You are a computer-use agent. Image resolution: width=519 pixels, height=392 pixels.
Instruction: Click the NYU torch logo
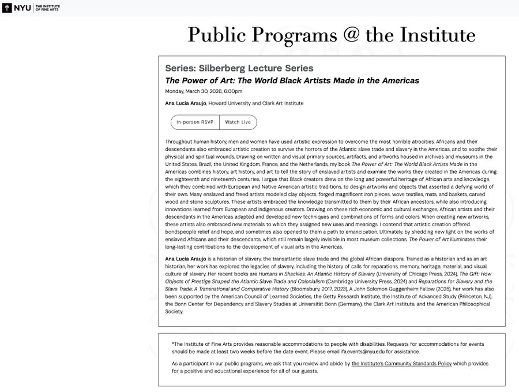(7, 8)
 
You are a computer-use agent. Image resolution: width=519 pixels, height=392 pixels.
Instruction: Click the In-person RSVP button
(195, 122)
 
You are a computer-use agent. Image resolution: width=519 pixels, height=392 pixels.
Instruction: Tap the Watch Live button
(238, 122)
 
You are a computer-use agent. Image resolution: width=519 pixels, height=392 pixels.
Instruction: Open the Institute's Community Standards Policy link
(411, 364)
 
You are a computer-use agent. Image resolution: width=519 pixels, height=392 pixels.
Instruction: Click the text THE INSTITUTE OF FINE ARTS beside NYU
(48, 8)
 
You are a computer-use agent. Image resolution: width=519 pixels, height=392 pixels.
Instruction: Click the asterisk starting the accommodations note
(173, 344)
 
